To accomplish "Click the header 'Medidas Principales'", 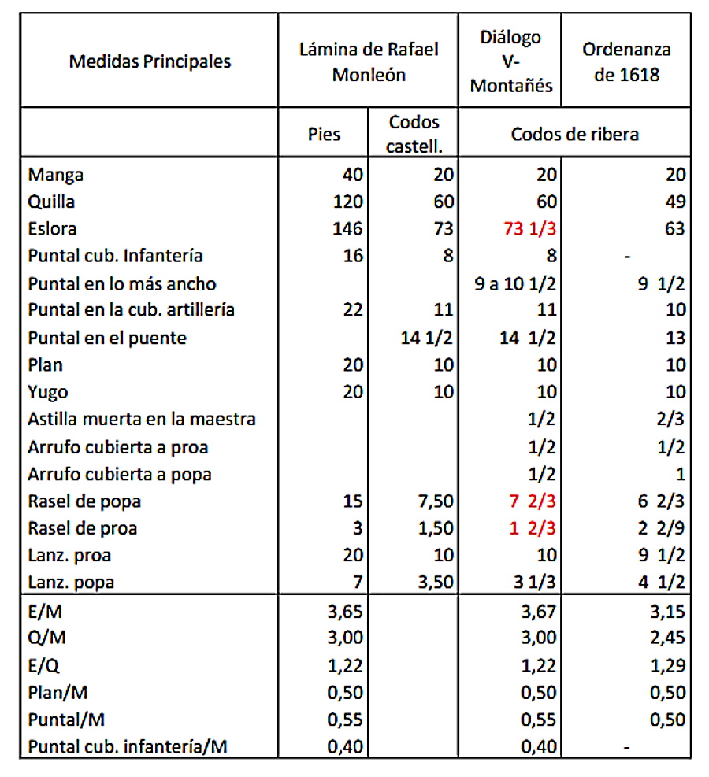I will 150,61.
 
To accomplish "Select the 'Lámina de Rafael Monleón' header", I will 369,61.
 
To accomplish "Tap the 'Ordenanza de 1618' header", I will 627,61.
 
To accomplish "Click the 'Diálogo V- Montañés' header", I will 510,61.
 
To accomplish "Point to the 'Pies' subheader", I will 324,133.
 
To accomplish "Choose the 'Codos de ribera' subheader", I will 574,133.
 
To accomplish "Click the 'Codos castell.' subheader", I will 414,133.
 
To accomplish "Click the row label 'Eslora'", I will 51,228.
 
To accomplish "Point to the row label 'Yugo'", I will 48,392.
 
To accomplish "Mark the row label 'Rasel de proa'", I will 84,528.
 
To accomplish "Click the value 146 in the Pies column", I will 347,228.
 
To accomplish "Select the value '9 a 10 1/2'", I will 516,283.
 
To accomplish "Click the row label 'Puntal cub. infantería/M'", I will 128,746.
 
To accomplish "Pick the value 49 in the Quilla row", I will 675,202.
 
